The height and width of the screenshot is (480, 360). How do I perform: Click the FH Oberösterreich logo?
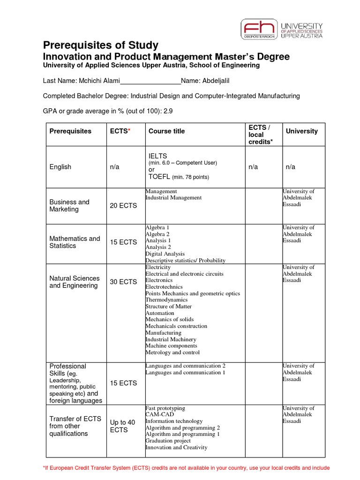click(x=259, y=30)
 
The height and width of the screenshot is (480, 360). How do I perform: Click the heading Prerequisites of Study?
click(x=100, y=45)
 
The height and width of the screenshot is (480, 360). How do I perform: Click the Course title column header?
click(x=166, y=131)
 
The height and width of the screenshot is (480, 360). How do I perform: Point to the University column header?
click(x=301, y=131)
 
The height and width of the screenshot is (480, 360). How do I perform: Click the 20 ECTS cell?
click(x=123, y=206)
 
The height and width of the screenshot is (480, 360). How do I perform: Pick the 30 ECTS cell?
click(x=123, y=282)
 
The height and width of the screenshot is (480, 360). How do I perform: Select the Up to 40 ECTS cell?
click(x=122, y=426)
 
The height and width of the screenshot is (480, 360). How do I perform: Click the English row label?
click(x=60, y=167)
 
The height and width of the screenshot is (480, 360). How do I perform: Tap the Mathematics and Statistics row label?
click(x=75, y=242)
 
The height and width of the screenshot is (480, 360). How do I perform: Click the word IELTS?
click(x=157, y=156)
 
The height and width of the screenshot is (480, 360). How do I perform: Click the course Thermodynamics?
click(x=166, y=300)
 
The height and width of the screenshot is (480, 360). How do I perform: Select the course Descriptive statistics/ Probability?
click(x=185, y=261)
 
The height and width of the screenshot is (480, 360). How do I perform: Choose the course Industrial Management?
click(x=173, y=198)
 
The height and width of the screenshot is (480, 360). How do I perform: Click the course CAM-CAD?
click(x=157, y=415)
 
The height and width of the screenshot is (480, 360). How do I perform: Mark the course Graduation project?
click(x=168, y=441)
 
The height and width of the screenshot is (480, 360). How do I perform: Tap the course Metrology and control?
click(x=172, y=352)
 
